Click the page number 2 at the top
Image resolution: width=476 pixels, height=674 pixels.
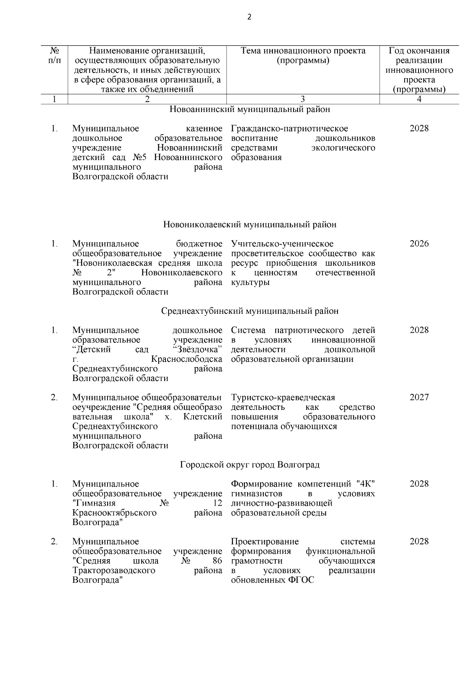point(249,17)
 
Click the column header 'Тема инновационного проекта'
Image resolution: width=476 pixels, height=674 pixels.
point(303,51)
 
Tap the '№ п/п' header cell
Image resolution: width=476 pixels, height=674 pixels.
point(55,56)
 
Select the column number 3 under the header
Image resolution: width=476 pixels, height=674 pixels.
point(303,99)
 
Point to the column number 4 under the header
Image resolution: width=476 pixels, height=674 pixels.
point(419,99)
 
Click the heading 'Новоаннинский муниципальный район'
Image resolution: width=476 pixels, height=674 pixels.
point(250,109)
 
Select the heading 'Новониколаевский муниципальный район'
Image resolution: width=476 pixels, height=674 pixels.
point(250,225)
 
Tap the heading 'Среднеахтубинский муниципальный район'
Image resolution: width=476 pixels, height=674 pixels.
point(250,311)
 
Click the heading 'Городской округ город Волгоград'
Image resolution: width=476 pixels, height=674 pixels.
point(250,465)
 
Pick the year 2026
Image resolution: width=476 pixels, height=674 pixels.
point(419,244)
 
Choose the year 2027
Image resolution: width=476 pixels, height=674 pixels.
point(419,398)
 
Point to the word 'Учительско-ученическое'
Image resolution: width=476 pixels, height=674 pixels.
point(282,244)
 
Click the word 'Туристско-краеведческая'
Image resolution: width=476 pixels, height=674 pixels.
point(283,398)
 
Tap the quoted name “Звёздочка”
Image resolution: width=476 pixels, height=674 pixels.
point(198,350)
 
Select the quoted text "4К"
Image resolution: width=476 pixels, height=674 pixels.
point(365,484)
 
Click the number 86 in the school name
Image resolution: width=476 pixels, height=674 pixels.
point(217,561)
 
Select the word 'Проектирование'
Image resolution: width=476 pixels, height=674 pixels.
point(265,542)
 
